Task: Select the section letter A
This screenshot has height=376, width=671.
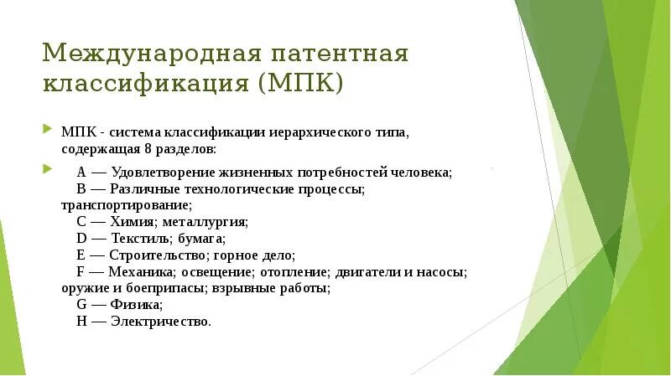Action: [x=81, y=173]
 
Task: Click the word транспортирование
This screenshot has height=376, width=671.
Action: [x=125, y=204]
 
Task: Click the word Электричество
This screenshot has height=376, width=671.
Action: [x=160, y=322]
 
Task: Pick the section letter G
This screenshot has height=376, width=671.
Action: [x=81, y=305]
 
